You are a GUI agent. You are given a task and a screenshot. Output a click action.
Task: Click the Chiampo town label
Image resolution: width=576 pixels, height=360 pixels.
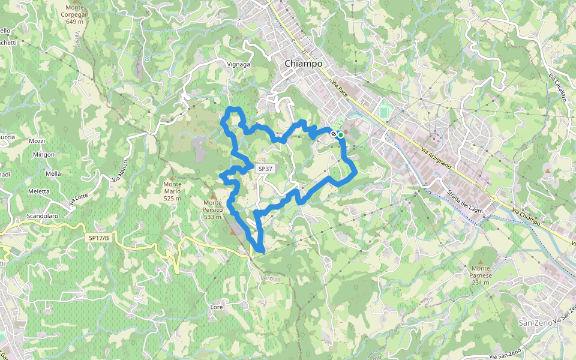coord(303,64)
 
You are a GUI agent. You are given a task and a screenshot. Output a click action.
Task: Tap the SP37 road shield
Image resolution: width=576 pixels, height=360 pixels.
coord(265,169)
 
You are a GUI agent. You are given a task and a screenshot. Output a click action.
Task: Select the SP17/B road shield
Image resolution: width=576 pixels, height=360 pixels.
coord(99,238)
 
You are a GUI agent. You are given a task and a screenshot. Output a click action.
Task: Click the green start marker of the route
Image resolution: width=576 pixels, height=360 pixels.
coord(341,135)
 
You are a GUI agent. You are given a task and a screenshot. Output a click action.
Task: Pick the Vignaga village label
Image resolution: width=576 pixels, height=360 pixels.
coord(238,64)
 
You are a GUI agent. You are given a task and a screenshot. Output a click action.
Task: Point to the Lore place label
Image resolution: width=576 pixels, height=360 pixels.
coord(217,307)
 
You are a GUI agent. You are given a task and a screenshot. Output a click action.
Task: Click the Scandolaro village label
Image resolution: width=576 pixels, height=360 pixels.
coord(43,216)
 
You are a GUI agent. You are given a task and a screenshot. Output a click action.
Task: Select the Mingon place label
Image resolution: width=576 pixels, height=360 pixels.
coord(44,154)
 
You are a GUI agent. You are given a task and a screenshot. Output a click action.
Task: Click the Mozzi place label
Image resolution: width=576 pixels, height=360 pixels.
coord(37,141)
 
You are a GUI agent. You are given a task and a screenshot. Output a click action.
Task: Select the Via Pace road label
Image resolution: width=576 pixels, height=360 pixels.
coord(340,91)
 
